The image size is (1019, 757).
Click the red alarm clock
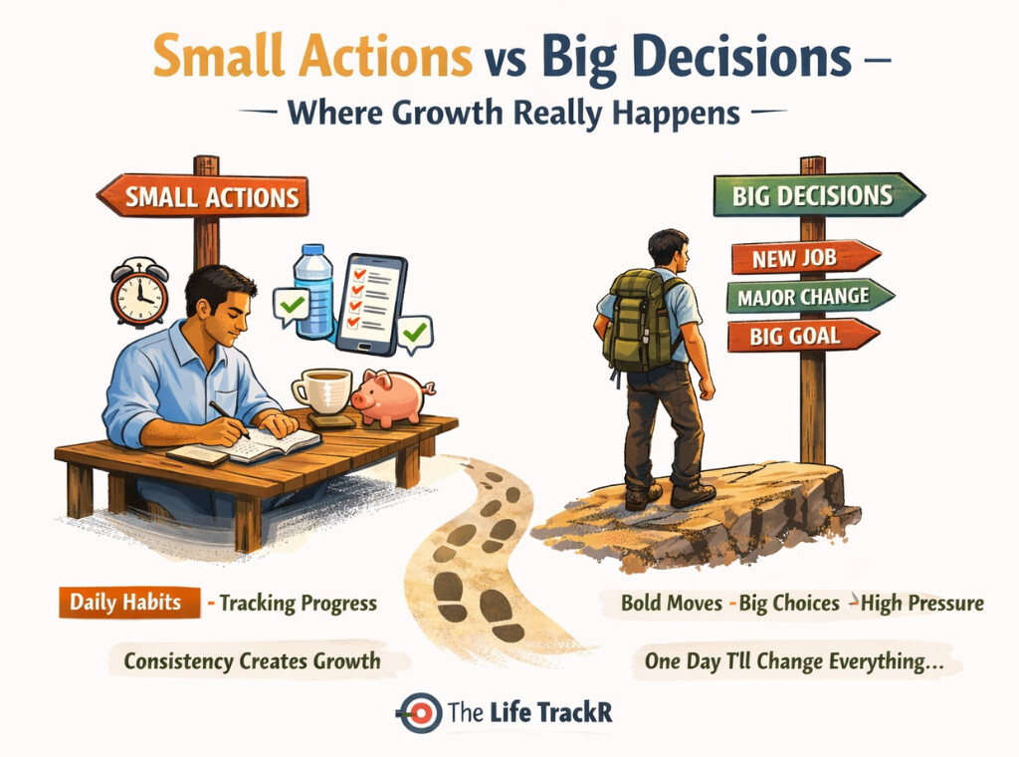(x=138, y=293)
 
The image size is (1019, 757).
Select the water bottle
(x=313, y=290)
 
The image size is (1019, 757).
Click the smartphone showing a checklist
(x=370, y=303)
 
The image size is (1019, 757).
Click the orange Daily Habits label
(x=124, y=603)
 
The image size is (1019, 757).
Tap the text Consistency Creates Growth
(x=252, y=659)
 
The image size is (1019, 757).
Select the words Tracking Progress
(x=298, y=603)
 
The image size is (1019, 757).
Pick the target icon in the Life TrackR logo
(x=419, y=713)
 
